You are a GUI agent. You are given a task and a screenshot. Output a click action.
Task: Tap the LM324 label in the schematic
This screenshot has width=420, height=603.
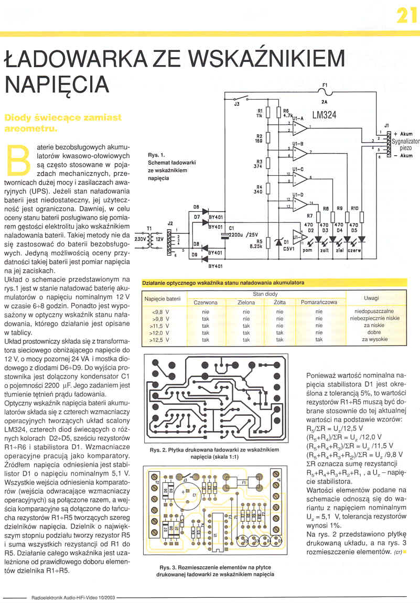click(x=325, y=115)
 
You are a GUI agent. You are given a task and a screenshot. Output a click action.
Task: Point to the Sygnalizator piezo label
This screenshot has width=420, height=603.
click(x=405, y=145)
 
